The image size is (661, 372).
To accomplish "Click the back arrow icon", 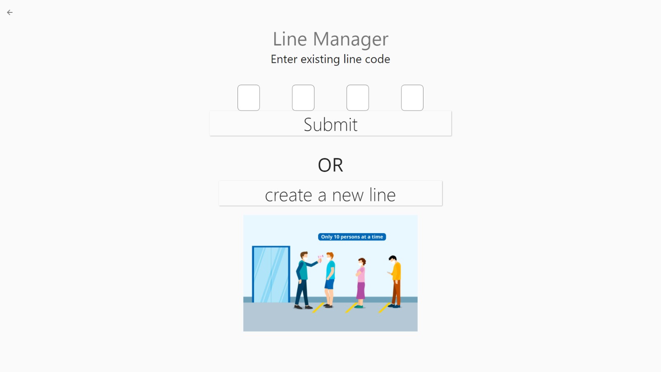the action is click(x=10, y=12).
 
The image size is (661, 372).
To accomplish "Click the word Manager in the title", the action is click(x=350, y=40).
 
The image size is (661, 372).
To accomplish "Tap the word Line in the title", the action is click(x=290, y=39).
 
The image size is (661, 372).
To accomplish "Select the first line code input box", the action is click(x=249, y=98).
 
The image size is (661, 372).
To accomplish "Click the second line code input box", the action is click(x=303, y=98).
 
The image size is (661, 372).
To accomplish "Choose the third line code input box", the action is click(x=358, y=98).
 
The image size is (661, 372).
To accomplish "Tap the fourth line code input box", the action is click(x=412, y=98).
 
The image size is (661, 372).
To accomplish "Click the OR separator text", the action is click(x=330, y=165).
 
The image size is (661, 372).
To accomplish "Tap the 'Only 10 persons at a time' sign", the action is click(x=352, y=237).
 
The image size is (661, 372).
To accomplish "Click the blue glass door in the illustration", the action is click(x=271, y=274).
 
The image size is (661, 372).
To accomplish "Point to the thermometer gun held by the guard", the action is click(x=320, y=259).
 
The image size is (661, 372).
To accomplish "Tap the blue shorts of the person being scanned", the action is click(x=329, y=284).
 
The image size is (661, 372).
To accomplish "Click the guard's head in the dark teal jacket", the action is click(x=304, y=256).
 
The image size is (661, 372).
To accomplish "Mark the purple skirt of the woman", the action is click(x=361, y=290).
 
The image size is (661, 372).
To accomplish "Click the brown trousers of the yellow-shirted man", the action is click(x=396, y=293).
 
